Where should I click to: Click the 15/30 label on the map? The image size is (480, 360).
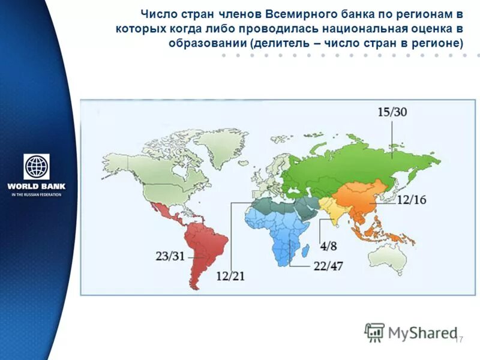click(392, 112)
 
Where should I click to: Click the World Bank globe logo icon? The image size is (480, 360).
click(37, 167)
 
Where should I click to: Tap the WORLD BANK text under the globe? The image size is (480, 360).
click(37, 186)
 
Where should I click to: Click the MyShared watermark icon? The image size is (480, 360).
click(375, 332)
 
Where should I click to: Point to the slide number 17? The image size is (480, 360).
click(460, 340)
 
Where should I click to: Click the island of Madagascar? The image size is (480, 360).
click(306, 248)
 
